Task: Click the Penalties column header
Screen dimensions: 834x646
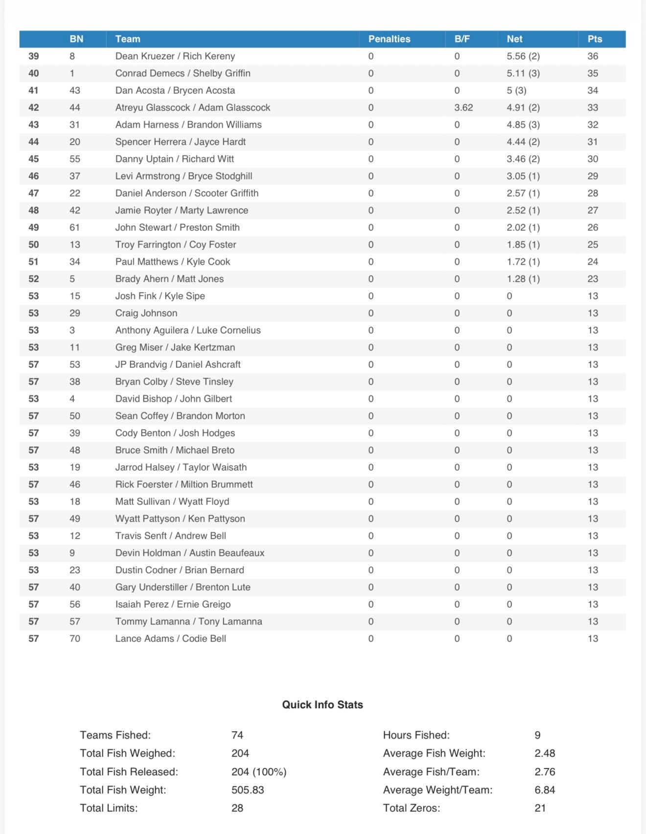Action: (389, 39)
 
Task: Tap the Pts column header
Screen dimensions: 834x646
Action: (595, 39)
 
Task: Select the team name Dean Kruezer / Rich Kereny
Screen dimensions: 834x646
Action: (175, 56)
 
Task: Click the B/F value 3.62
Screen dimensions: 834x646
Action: (463, 108)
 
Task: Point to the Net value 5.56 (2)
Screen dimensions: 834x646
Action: (523, 56)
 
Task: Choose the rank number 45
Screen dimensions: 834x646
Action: (33, 159)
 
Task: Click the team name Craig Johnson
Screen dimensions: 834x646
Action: (146, 313)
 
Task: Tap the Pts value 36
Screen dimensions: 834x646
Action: (592, 56)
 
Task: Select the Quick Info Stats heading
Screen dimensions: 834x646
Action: (323, 705)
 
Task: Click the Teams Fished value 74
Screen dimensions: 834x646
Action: (237, 735)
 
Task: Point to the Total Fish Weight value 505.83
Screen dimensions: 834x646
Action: (247, 790)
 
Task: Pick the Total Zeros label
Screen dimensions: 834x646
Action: (411, 808)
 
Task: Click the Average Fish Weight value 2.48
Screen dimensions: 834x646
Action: (545, 753)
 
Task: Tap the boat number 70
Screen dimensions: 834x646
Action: (74, 639)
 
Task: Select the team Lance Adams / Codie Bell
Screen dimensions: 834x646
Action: (170, 639)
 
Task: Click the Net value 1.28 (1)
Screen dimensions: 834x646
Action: (523, 279)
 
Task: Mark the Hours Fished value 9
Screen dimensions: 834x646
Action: (537, 735)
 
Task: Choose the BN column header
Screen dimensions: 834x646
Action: (76, 39)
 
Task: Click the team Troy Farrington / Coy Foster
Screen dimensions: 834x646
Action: (175, 245)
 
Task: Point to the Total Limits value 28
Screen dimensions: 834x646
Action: (237, 808)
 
